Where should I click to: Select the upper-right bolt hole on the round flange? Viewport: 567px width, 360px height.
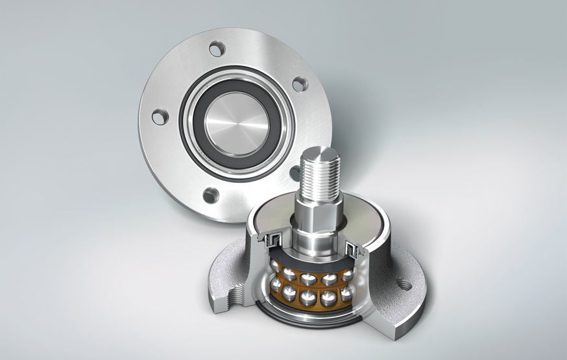299,84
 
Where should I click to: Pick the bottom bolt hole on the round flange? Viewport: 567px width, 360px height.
210,195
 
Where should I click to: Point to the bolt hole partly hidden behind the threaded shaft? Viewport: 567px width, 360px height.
295,173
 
